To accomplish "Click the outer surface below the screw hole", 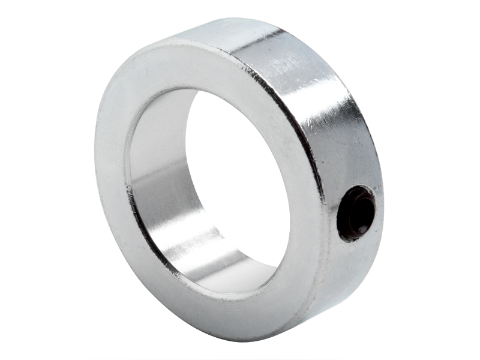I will (x=354, y=270).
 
